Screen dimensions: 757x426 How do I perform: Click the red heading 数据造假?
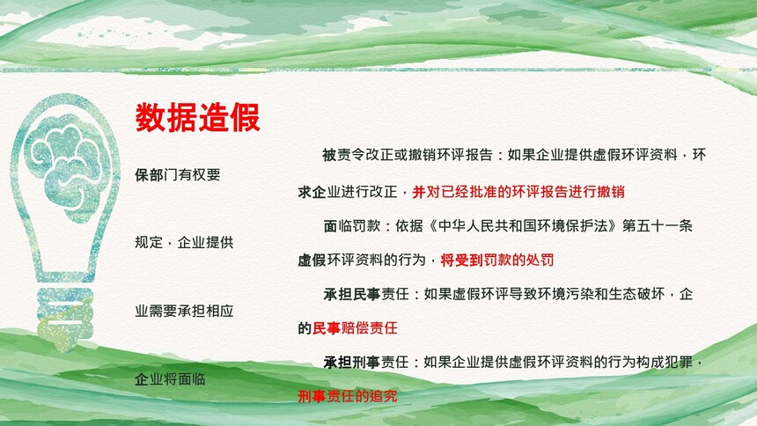click(x=197, y=117)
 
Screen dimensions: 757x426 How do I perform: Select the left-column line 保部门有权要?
click(x=177, y=174)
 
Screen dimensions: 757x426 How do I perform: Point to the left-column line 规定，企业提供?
click(x=184, y=242)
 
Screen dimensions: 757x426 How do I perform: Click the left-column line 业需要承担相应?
click(x=184, y=311)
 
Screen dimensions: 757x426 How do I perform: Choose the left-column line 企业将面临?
click(x=170, y=379)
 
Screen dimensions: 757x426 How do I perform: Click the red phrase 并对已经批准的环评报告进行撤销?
click(x=518, y=192)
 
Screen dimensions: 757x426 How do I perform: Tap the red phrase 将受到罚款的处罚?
click(x=496, y=261)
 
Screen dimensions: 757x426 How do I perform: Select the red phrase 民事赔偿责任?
click(x=355, y=328)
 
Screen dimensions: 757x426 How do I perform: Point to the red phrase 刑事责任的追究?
click(x=348, y=396)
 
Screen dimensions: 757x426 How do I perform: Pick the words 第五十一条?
click(x=657, y=225)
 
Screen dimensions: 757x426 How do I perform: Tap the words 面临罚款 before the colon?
click(x=351, y=225)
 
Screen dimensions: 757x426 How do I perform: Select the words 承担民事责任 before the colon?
click(x=366, y=294)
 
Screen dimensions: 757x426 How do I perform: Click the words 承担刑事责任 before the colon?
click(x=366, y=362)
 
